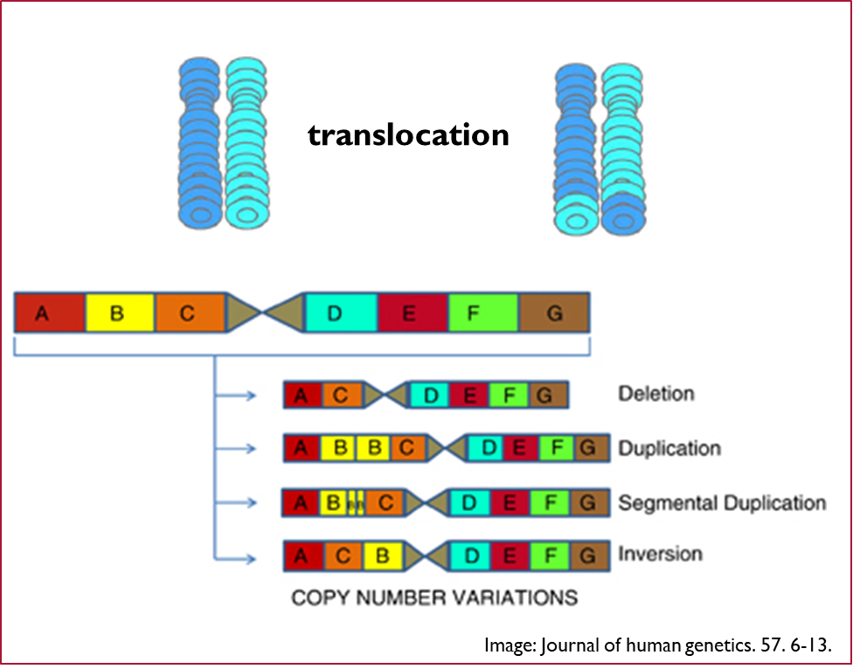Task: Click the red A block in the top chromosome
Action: coord(50,313)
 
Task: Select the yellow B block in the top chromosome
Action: coord(120,313)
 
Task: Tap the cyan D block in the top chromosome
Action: coord(341,313)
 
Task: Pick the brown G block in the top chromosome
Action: coord(554,313)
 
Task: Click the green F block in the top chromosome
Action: coord(482,313)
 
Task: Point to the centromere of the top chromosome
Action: coord(264,313)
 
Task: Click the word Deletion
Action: coord(656,394)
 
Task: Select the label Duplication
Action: coord(669,449)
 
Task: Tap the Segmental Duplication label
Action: coord(721,503)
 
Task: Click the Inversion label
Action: coord(660,555)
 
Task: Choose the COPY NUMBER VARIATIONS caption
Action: coord(433,598)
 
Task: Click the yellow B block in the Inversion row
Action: coord(382,556)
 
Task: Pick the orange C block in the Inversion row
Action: coord(343,556)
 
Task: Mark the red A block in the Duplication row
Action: coord(302,449)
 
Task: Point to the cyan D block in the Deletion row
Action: coord(430,396)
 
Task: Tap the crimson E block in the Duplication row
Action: coord(520,449)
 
